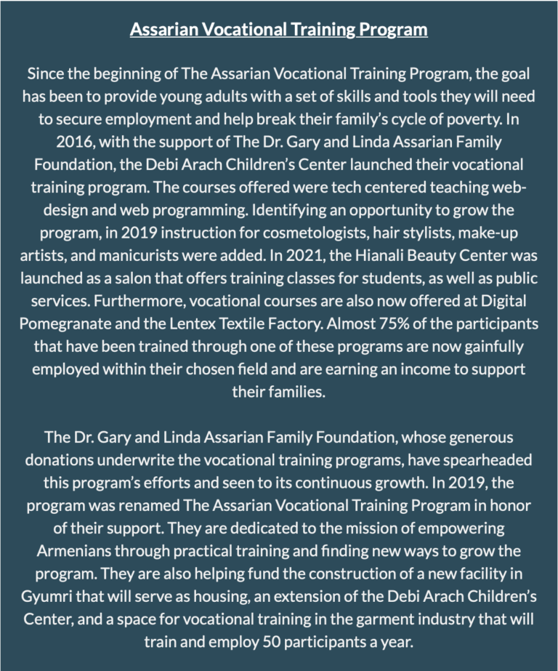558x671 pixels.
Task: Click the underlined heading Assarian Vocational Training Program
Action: (278, 30)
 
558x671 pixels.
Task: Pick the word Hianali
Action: (335, 257)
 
